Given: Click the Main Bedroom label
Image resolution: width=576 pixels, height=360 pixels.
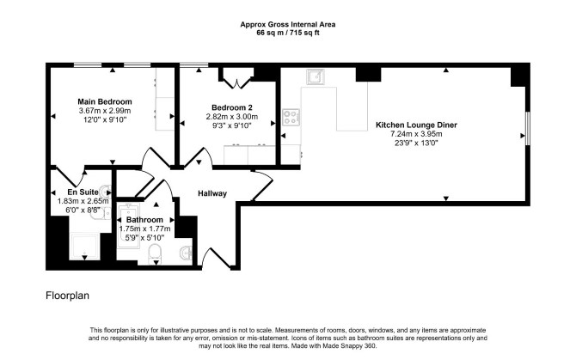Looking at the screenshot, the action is pyautogui.click(x=105, y=101).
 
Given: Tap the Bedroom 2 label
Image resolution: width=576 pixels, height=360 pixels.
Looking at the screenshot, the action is pyautogui.click(x=232, y=107).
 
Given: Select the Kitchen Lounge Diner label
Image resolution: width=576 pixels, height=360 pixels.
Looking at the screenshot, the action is pyautogui.click(x=416, y=125).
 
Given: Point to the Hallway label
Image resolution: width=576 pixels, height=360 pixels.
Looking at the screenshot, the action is pyautogui.click(x=212, y=193).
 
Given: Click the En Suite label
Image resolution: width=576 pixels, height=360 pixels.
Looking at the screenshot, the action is pyautogui.click(x=83, y=192).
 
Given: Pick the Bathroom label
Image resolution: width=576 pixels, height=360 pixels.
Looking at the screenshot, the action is pyautogui.click(x=144, y=220).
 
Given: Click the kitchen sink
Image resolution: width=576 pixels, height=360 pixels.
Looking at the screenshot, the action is pyautogui.click(x=316, y=76).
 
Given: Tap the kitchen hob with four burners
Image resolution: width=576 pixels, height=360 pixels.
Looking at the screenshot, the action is pyautogui.click(x=291, y=118).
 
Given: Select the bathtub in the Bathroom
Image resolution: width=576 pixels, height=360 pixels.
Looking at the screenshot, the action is pyautogui.click(x=128, y=226).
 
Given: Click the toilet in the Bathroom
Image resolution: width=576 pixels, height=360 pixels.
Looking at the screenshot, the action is pyautogui.click(x=155, y=253).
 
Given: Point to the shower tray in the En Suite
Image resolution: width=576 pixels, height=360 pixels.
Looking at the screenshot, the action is pyautogui.click(x=84, y=247).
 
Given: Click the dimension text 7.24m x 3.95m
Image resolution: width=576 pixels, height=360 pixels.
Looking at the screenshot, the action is pyautogui.click(x=416, y=134).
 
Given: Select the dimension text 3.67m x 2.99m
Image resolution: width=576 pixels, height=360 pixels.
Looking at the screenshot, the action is pyautogui.click(x=105, y=111).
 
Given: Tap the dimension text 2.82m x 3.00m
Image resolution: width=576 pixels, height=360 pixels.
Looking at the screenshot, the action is pyautogui.click(x=232, y=117).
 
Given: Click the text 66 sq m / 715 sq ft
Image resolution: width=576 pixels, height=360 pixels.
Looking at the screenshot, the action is pyautogui.click(x=288, y=33).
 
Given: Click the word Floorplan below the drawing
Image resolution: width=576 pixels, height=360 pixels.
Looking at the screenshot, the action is pyautogui.click(x=67, y=296).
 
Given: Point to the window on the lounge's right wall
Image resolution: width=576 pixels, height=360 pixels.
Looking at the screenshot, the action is pyautogui.click(x=528, y=128).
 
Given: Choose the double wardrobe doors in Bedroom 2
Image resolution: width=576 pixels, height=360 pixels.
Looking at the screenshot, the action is pyautogui.click(x=237, y=83).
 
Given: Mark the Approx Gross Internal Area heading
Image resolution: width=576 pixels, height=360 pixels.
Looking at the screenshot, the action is pyautogui.click(x=288, y=25).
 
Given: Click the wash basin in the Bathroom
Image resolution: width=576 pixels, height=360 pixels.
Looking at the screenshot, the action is pyautogui.click(x=187, y=252).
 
